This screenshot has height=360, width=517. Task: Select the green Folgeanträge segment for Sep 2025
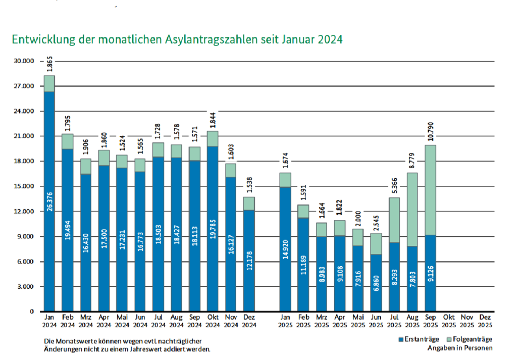coord(431,190)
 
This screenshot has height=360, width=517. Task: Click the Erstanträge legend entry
coord(419,339)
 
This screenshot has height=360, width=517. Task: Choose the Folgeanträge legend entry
coord(470,339)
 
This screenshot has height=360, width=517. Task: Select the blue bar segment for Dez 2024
coord(249,268)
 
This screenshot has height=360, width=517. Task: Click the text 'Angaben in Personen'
coord(459,348)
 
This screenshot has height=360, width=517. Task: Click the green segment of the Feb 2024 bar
coord(67,141)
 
